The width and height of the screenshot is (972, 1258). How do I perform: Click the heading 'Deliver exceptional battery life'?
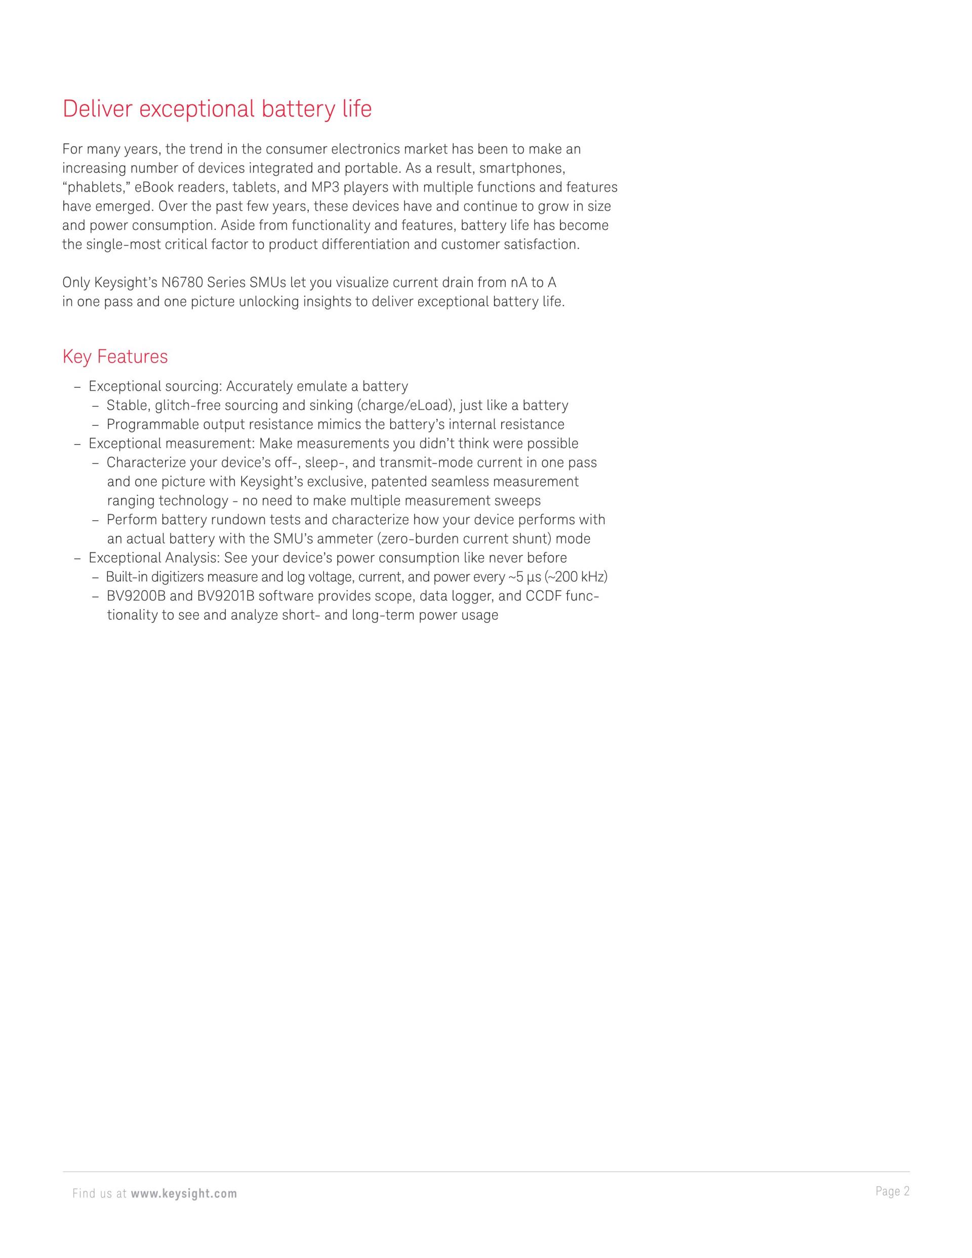217,109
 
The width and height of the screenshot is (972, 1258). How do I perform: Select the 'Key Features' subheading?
115,357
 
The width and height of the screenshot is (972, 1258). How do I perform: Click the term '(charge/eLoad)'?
406,406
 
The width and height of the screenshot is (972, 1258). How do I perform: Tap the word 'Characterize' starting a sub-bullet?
146,462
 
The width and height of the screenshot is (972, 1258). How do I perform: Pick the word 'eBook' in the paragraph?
154,187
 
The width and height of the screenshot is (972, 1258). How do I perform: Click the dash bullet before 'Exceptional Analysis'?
77,558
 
